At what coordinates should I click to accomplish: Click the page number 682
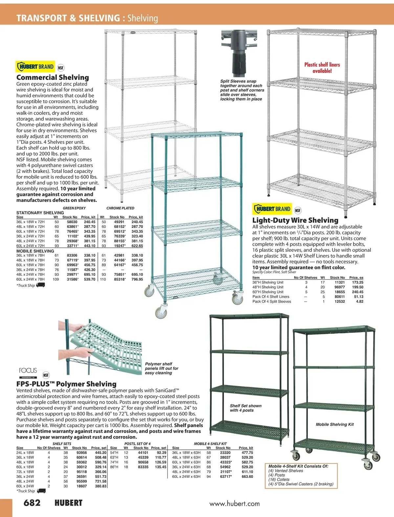[32, 503]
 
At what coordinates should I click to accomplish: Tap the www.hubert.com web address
[234, 504]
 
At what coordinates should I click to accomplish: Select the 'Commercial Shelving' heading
[53, 77]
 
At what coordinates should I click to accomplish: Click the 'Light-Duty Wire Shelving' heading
[295, 220]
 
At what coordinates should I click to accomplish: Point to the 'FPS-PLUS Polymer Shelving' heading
[66, 384]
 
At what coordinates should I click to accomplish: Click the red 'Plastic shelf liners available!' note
[322, 68]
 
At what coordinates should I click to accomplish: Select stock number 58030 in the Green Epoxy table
[72, 222]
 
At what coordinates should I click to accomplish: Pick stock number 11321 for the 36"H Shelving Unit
[339, 282]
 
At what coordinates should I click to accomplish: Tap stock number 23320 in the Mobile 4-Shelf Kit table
[225, 453]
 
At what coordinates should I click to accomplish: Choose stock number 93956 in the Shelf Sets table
[81, 453]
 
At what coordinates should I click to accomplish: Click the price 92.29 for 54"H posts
[162, 453]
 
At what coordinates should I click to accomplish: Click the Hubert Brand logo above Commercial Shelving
[35, 67]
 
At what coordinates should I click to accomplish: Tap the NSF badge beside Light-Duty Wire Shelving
[297, 210]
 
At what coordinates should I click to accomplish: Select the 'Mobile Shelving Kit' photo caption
[335, 424]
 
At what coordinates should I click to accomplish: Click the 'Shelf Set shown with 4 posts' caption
[246, 408]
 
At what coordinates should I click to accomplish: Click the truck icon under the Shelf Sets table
[41, 491]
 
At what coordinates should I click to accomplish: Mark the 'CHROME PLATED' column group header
[120, 208]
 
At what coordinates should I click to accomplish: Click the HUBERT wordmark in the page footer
[68, 503]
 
